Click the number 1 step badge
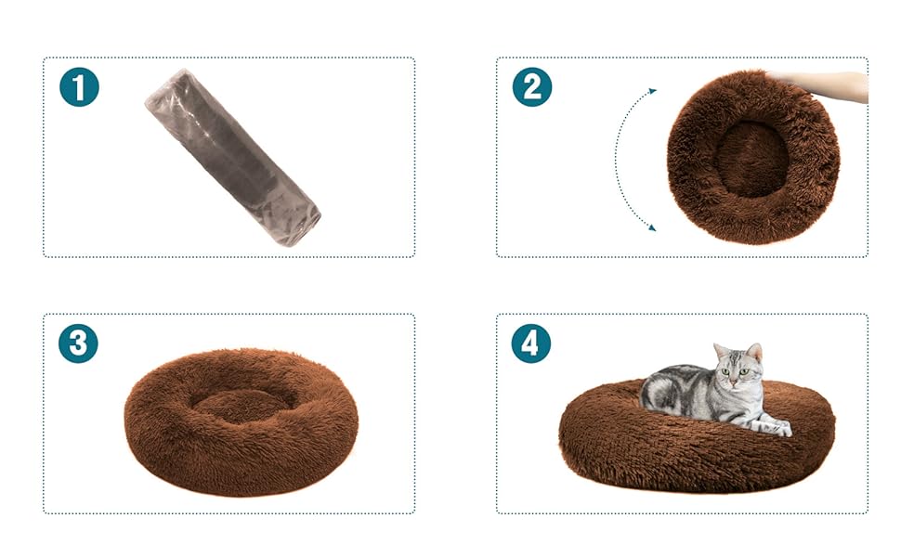pos(79,87)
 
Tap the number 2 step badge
pos(532,87)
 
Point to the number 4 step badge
pos(531,343)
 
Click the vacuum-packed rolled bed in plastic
pos(232,159)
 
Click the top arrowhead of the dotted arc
pos(652,91)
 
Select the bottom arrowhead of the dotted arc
pos(652,227)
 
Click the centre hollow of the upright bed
pos(751,158)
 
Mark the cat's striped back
pos(673,381)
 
